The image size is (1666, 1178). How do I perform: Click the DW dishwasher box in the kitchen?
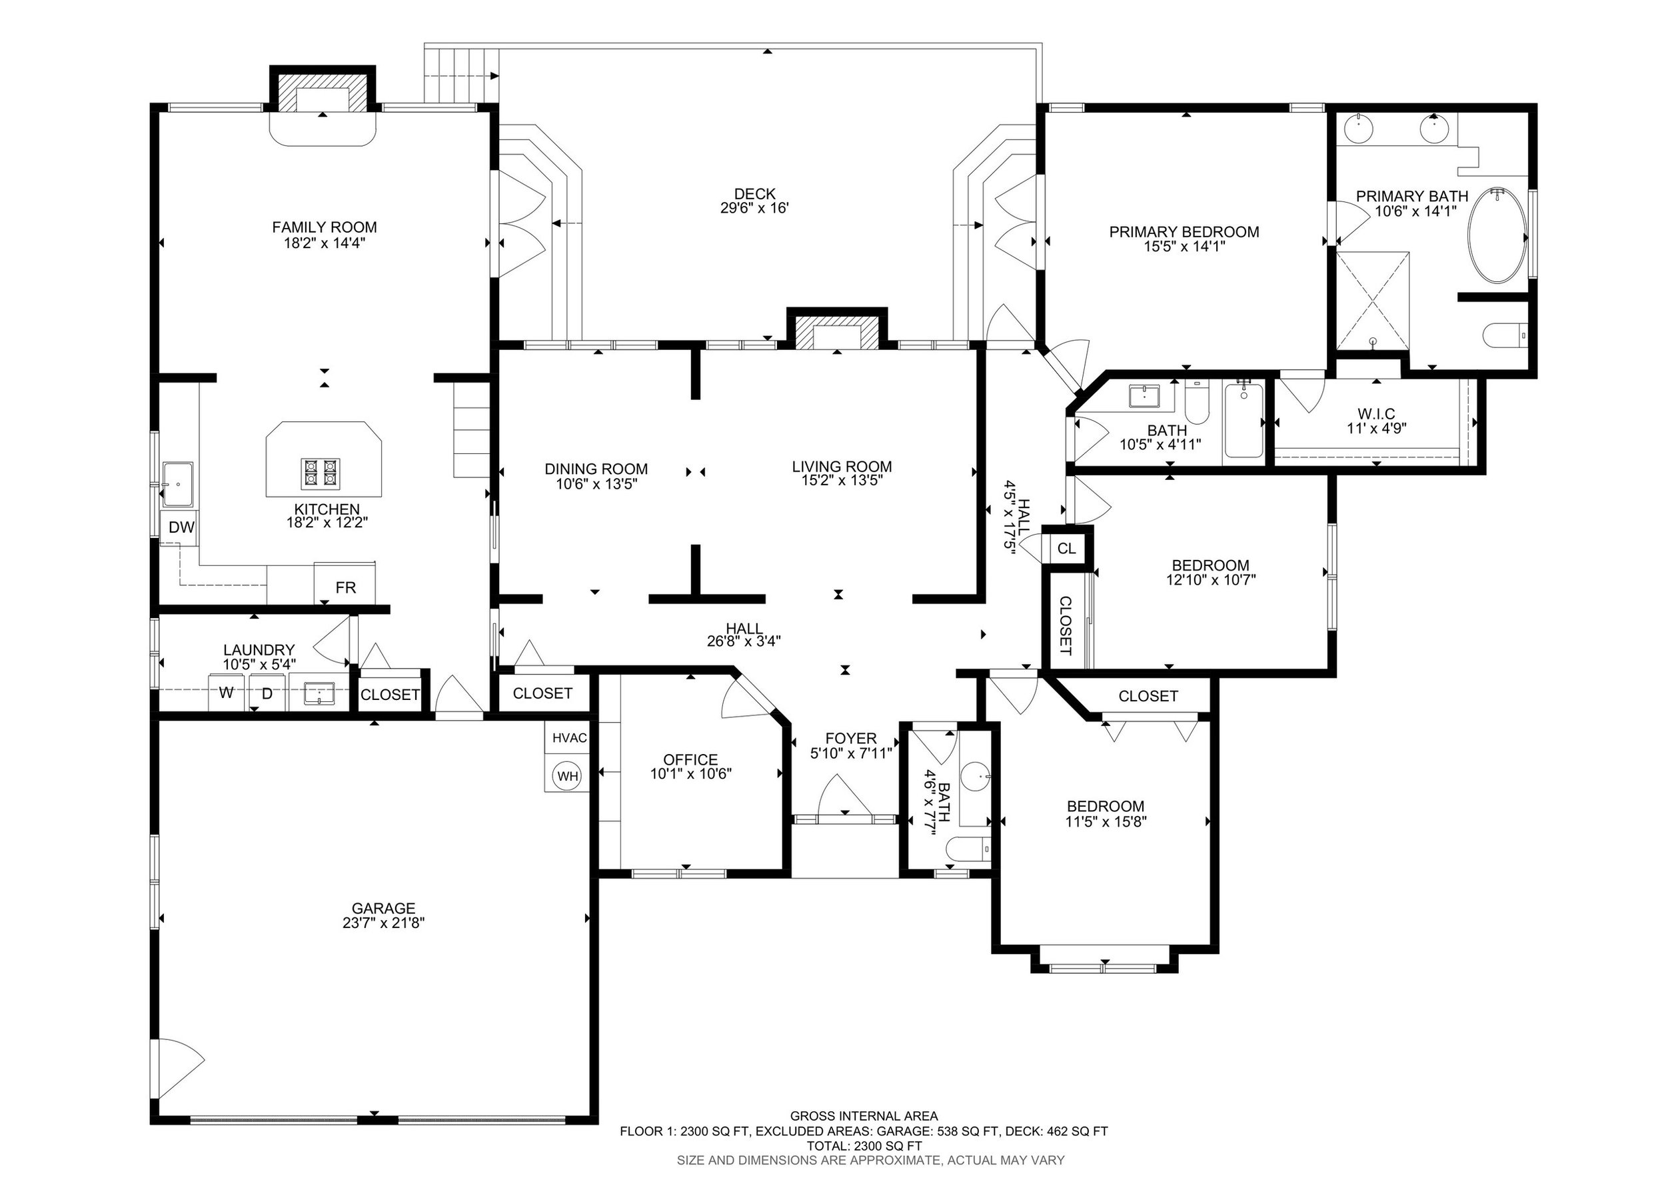[181, 527]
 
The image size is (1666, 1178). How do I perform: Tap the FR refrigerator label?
[345, 587]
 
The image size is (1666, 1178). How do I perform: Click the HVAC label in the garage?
[570, 738]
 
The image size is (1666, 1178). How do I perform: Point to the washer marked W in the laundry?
[227, 693]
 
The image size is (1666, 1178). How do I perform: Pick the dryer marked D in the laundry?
[267, 693]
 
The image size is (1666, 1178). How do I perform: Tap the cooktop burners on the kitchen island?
[321, 473]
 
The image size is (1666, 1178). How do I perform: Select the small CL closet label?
[1066, 549]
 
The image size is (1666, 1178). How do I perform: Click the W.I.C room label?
[1375, 415]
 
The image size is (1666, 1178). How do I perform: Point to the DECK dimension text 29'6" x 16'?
[754, 208]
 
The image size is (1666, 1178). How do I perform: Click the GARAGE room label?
[383, 908]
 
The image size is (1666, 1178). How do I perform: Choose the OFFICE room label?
[690, 759]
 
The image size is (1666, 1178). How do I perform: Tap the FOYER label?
[850, 739]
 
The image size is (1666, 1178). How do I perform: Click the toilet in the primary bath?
[1505, 336]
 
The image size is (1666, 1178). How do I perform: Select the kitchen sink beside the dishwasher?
[177, 483]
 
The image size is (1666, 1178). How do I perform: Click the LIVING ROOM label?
[842, 467]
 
